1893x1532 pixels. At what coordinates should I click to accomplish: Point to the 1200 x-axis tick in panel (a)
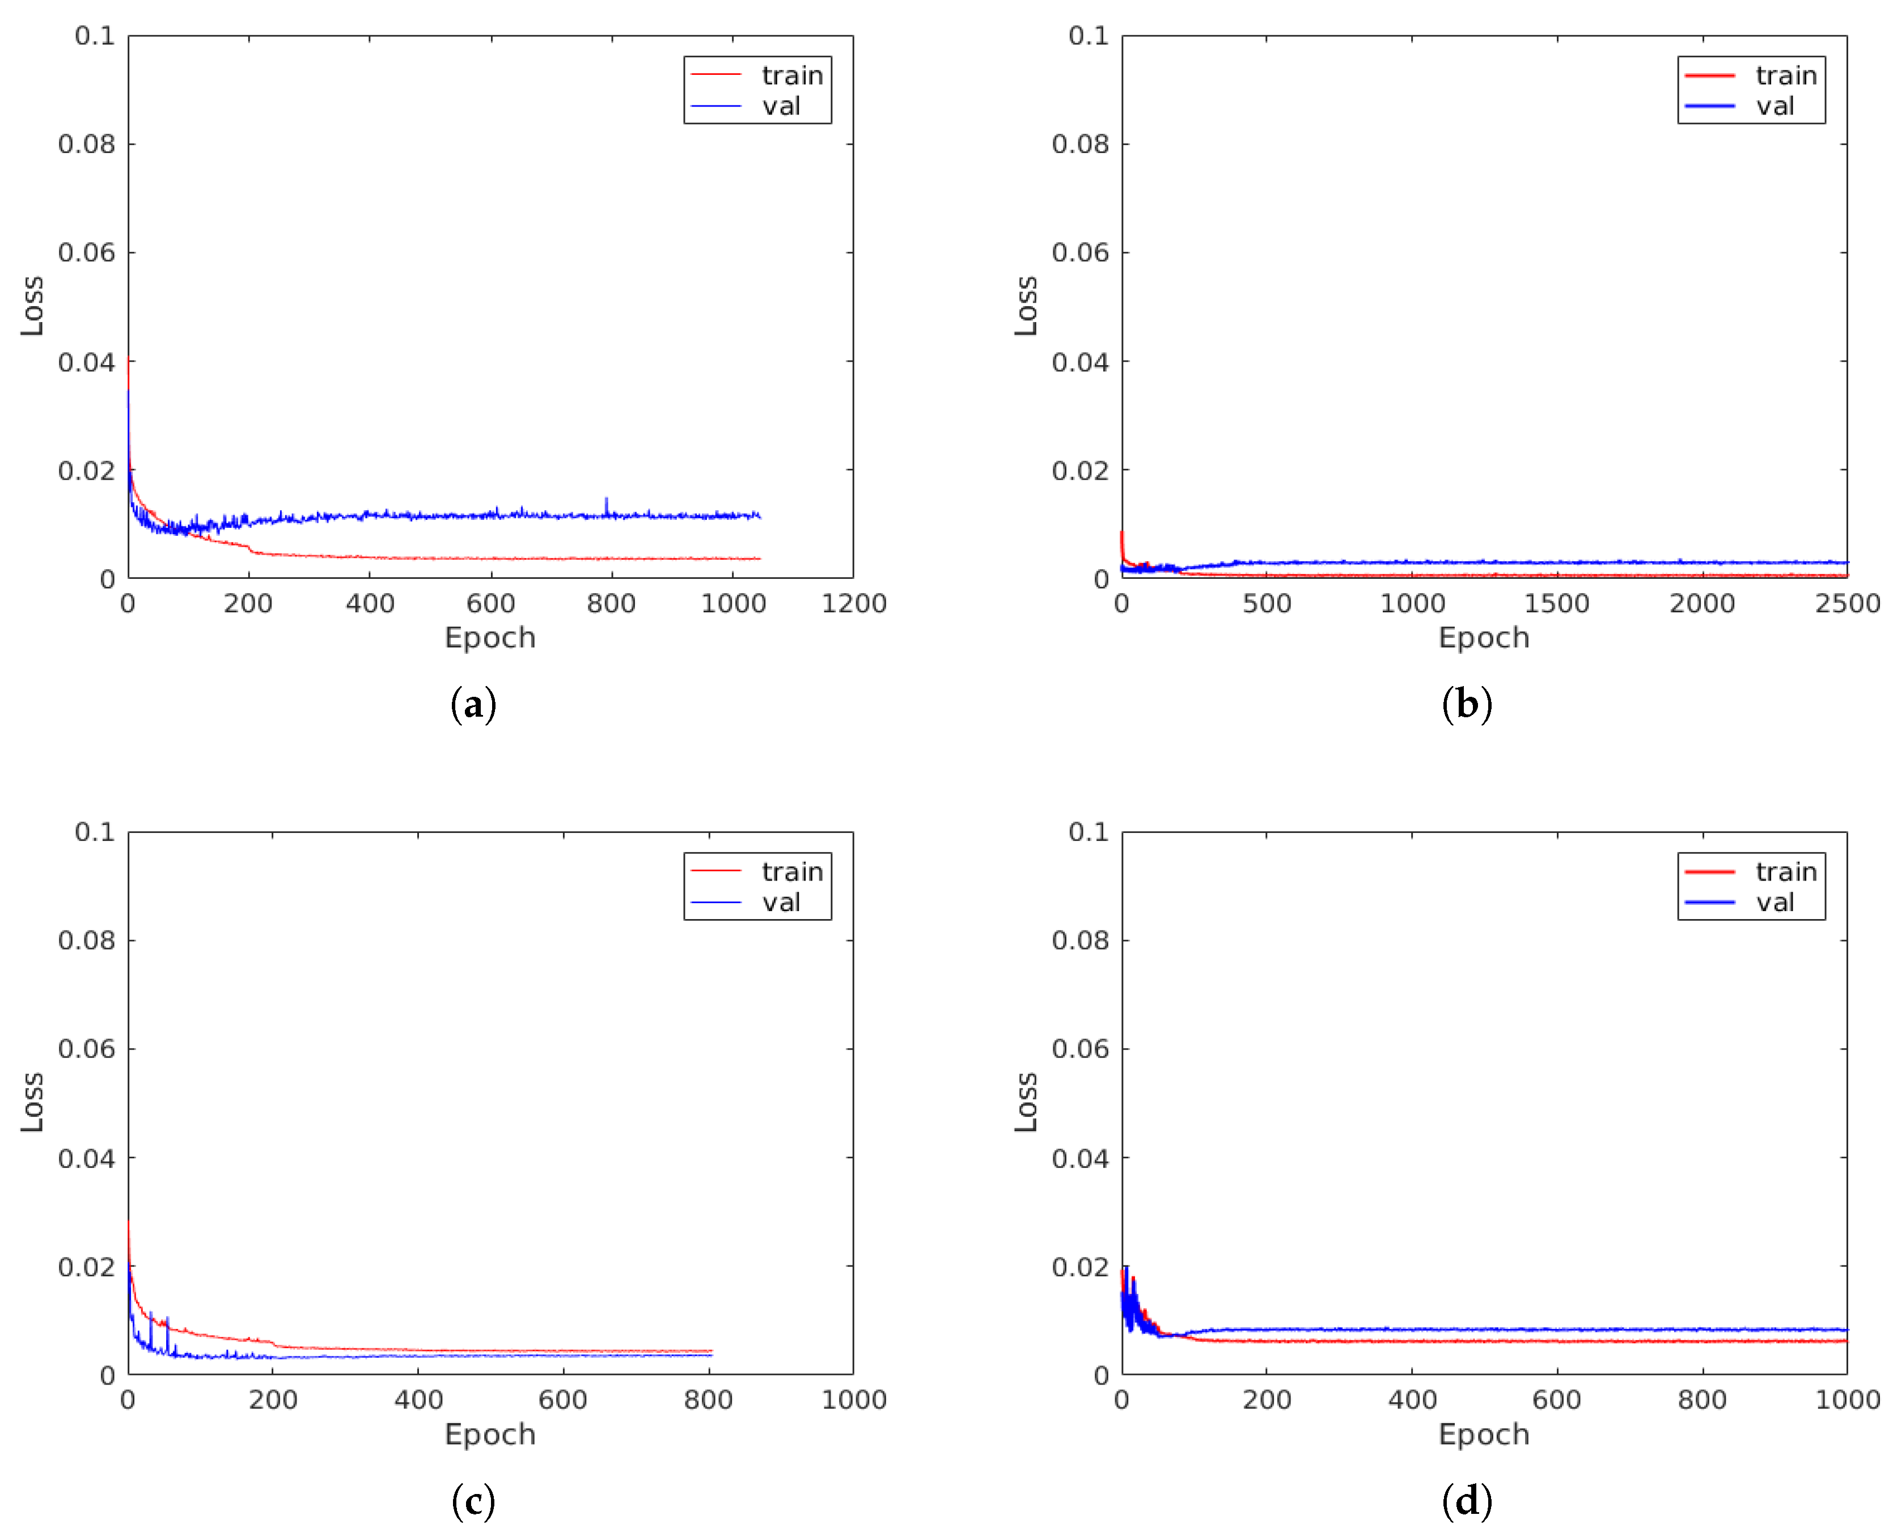coord(853,604)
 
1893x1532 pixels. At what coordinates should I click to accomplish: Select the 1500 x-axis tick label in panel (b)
coord(1557,604)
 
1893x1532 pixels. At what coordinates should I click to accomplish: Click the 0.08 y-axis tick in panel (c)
coord(87,941)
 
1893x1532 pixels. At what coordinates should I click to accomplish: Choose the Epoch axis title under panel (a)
coord(490,638)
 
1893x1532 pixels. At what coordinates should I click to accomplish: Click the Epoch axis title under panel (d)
coord(1484,1434)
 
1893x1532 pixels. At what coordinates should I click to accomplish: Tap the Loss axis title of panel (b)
coord(1026,306)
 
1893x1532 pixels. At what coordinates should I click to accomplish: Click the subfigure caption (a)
coord(473,705)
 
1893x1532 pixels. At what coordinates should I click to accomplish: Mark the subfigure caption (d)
coord(1467,1501)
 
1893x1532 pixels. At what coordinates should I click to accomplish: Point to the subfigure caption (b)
coord(1467,705)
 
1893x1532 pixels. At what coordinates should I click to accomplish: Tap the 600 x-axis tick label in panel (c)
coord(563,1400)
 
